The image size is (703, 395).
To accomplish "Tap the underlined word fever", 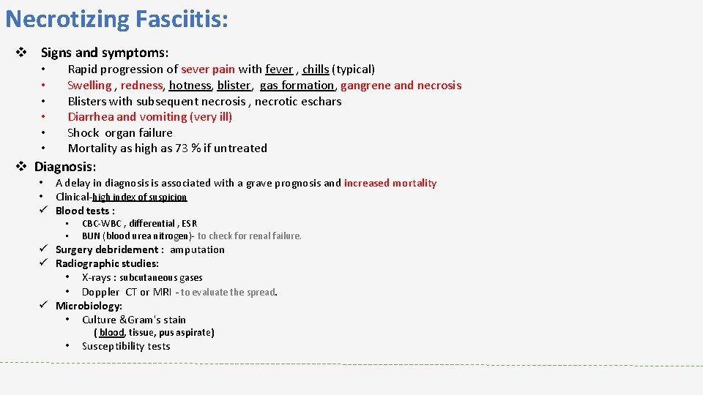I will (279, 69).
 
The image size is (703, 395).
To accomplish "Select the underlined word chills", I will (316, 69).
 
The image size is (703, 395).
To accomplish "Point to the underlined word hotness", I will (190, 86).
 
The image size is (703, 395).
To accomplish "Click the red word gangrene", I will (365, 86).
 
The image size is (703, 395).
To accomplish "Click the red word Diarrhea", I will (91, 117).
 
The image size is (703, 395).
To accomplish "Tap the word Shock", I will (83, 133).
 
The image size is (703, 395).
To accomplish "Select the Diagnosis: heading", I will (65, 167).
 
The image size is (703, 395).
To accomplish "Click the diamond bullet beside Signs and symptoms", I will (22, 53).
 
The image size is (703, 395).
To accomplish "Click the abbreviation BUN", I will (91, 236).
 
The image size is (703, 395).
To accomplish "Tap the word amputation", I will (198, 250).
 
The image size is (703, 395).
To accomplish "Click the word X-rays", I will (97, 278).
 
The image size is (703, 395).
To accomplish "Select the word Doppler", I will (100, 293).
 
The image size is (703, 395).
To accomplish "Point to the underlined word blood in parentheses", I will (112, 333).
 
